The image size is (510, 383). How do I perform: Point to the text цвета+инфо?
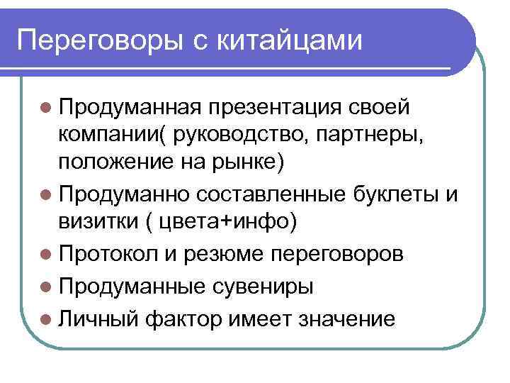pyautogui.click(x=226, y=221)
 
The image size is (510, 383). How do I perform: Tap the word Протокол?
pyautogui.click(x=106, y=254)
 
